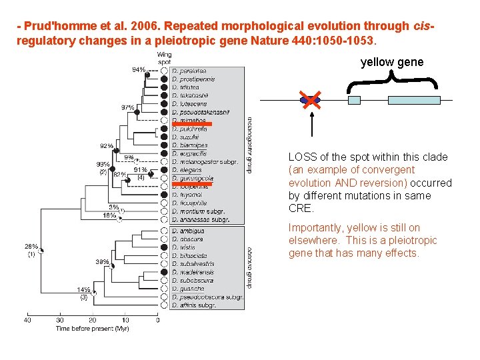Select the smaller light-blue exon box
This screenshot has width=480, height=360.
[355, 100]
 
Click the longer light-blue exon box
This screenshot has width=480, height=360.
[413, 100]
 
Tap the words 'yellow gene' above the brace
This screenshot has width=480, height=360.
[392, 62]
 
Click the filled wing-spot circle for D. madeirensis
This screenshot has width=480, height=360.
[164, 272]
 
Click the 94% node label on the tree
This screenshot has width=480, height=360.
[139, 69]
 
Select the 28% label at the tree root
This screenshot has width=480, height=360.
[31, 246]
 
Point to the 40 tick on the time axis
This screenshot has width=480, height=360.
[28, 321]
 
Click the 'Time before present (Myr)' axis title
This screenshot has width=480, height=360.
[93, 328]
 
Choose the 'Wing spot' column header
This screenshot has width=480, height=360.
[164, 59]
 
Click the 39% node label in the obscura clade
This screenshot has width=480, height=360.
[102, 261]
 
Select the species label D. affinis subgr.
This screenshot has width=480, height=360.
[194, 305]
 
